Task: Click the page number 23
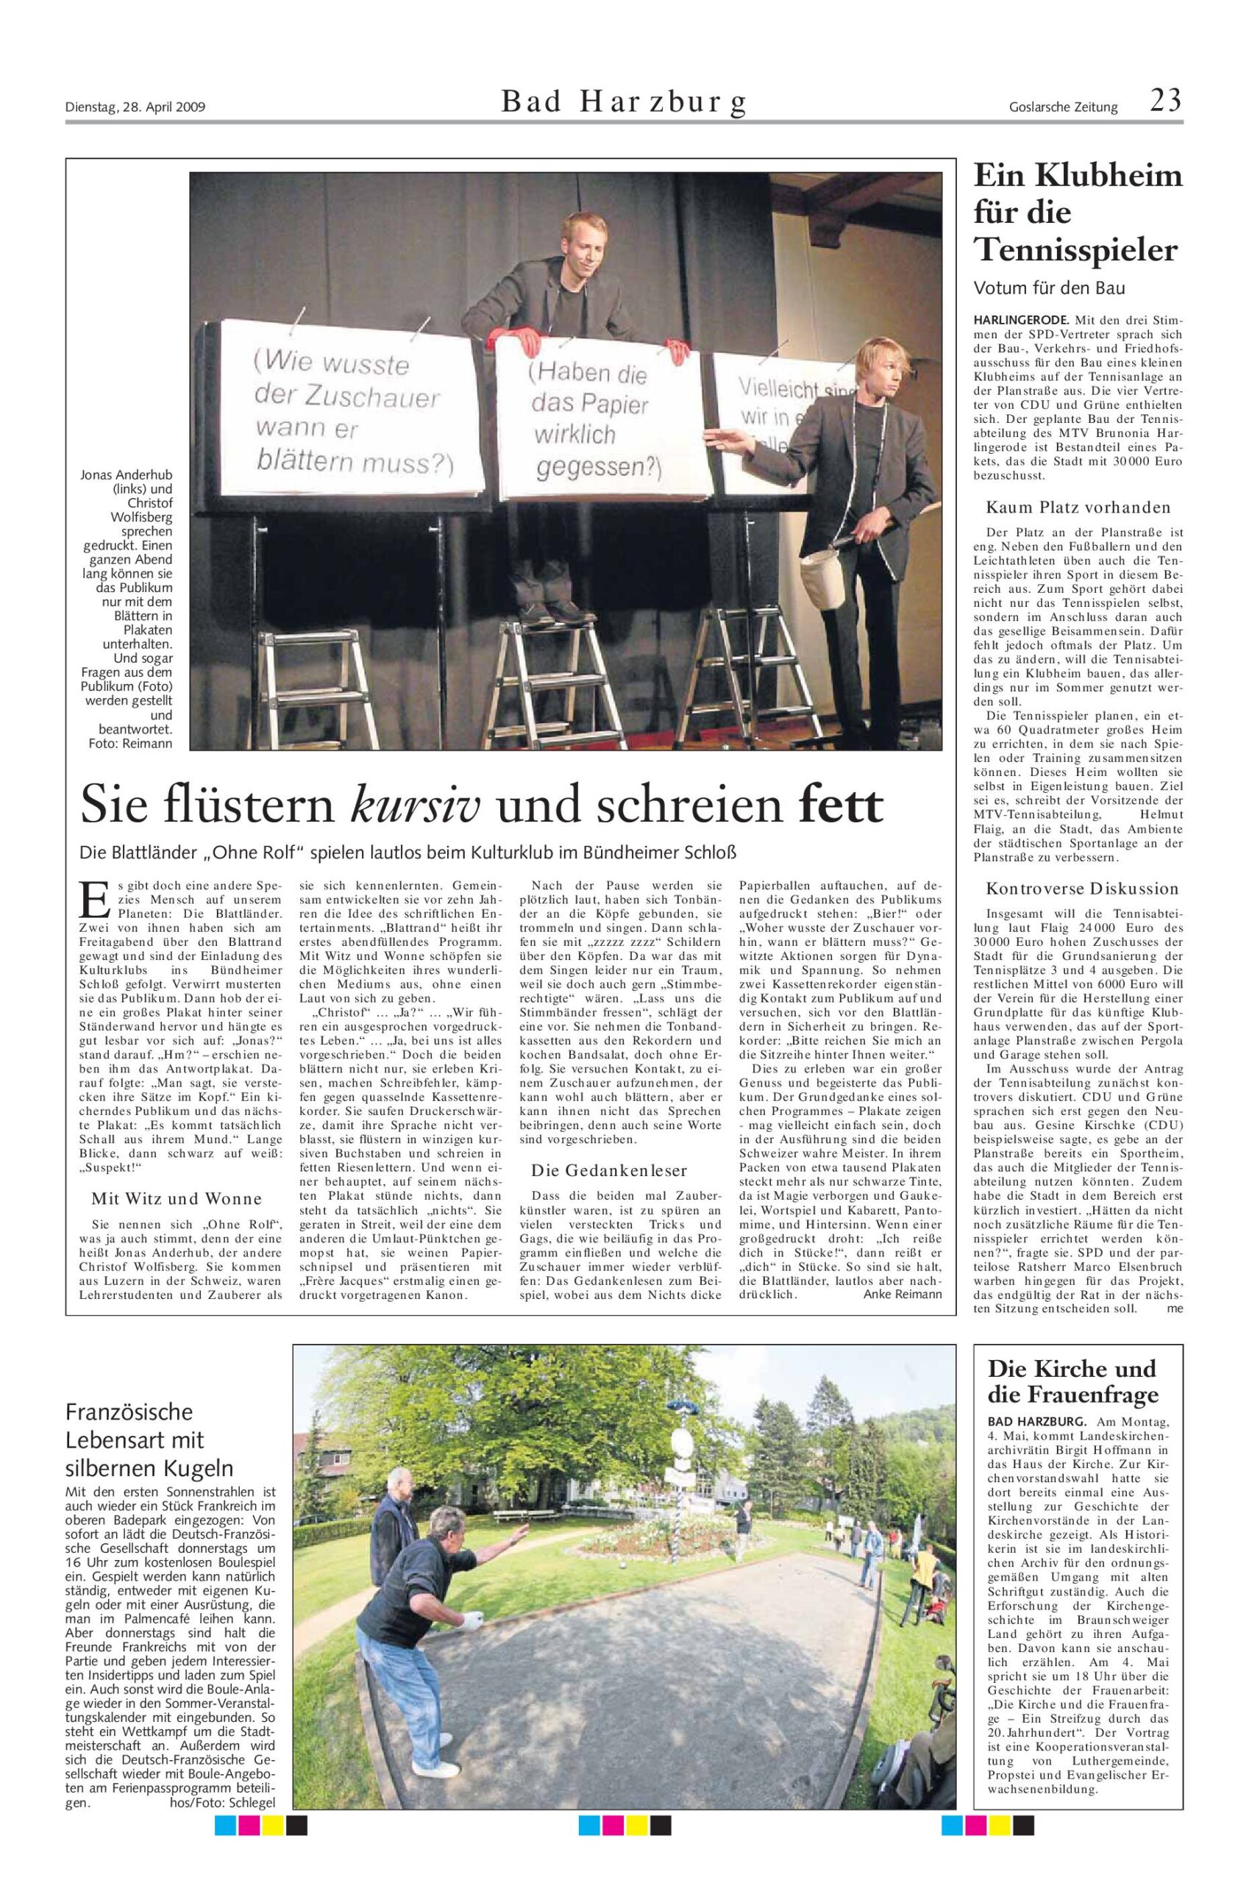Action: [1165, 102]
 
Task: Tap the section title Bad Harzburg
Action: [624, 103]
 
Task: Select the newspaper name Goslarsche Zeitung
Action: [1063, 107]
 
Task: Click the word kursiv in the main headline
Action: [415, 806]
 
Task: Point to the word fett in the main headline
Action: [841, 806]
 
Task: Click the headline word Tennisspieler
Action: [1076, 251]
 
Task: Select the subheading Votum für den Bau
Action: [1047, 288]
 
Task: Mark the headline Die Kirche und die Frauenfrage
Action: [1072, 1382]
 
